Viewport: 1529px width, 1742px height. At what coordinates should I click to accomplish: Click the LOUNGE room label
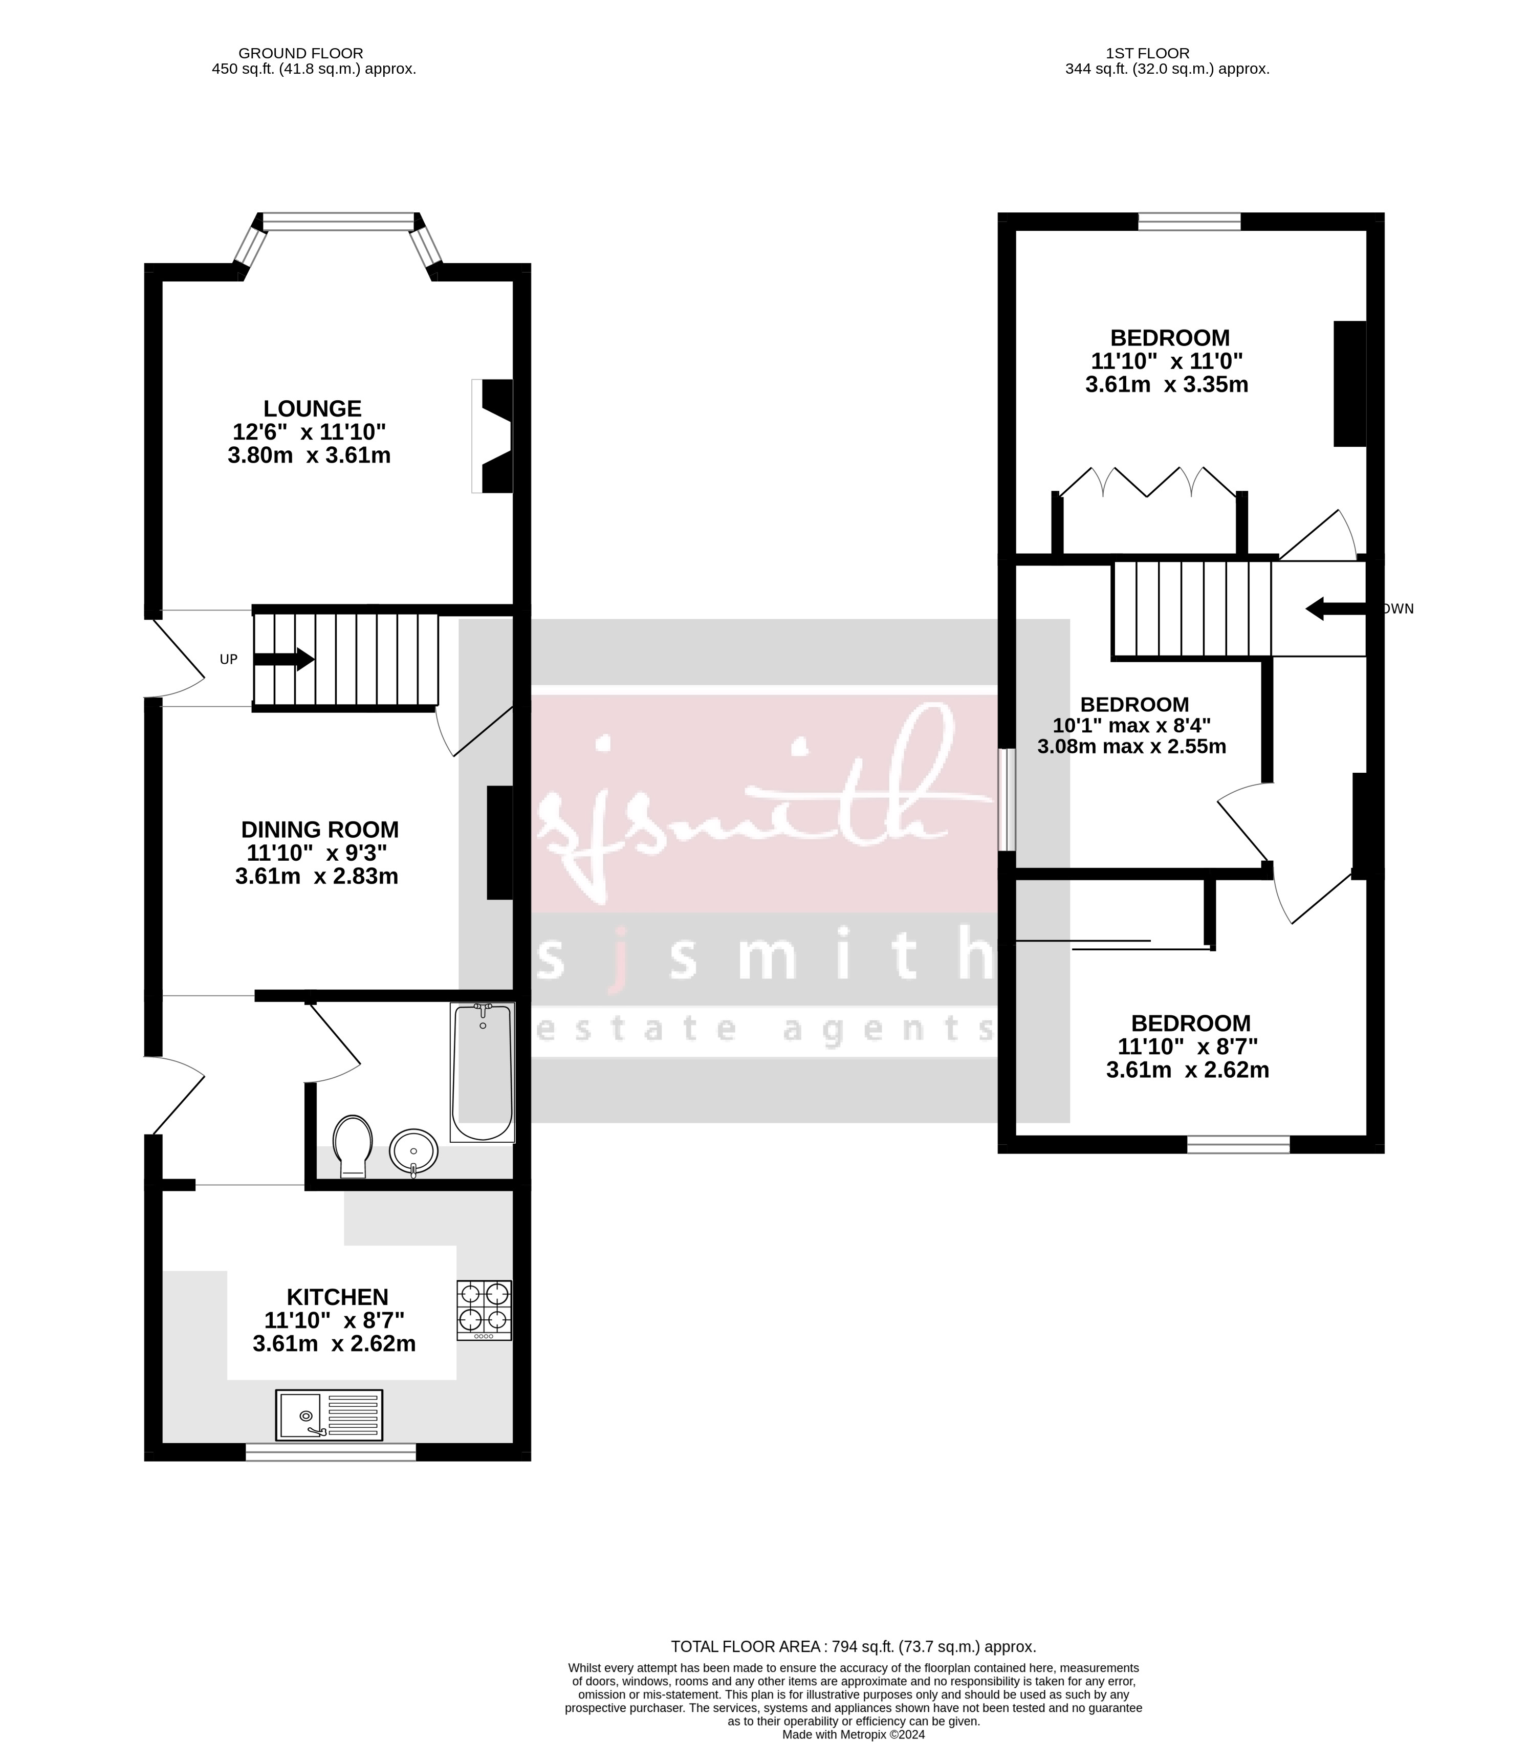312,409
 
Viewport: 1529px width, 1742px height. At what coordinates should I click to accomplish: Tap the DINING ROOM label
320,829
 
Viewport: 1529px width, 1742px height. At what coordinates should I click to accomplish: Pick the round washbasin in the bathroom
413,1151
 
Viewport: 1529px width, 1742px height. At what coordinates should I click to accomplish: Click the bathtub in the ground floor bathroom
483,1072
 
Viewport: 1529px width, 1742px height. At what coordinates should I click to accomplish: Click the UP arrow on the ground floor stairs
285,659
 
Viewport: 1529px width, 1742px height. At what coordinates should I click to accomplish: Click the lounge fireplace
494,435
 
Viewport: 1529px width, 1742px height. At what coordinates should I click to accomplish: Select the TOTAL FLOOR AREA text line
853,1646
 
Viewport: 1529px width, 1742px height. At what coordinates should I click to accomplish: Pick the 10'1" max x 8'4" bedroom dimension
1132,726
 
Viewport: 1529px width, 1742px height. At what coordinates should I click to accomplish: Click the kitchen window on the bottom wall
331,1451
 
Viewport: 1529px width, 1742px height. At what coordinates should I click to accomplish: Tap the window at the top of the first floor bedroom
1189,222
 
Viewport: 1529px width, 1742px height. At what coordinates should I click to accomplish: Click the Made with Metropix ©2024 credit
853,1734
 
